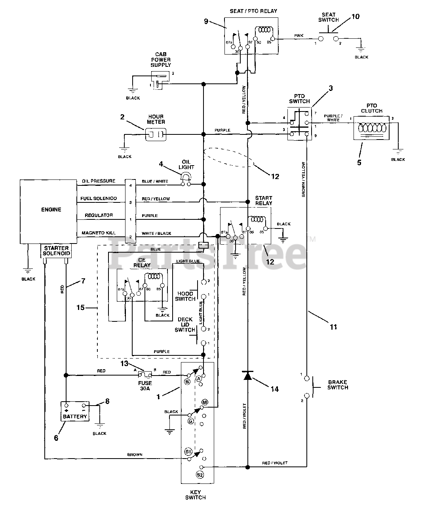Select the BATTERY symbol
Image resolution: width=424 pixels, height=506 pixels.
pyautogui.click(x=75, y=412)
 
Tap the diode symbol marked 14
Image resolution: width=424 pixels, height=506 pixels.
pyautogui.click(x=247, y=375)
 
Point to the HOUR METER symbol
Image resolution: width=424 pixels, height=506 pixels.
pyautogui.click(x=156, y=135)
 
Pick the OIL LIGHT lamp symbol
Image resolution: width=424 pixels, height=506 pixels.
pyautogui.click(x=186, y=180)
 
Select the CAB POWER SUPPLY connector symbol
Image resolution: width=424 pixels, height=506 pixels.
pyautogui.click(x=160, y=79)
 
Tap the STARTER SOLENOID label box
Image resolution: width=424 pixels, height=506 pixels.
pyautogui.click(x=57, y=251)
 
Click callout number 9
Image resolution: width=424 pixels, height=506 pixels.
pyautogui.click(x=206, y=21)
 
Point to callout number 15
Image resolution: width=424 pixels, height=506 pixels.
pyautogui.click(x=80, y=307)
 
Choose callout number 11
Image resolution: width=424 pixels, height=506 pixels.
pyautogui.click(x=333, y=327)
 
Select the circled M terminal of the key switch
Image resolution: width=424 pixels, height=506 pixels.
pyautogui.click(x=205, y=402)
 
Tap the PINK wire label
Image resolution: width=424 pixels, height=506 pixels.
pyautogui.click(x=299, y=36)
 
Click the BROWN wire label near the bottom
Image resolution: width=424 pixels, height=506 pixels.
pyautogui.click(x=135, y=455)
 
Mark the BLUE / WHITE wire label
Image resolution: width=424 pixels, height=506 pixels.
pyautogui.click(x=155, y=181)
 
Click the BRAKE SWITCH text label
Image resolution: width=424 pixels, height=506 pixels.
pyautogui.click(x=338, y=385)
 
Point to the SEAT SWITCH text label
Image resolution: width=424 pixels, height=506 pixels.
pyautogui.click(x=328, y=17)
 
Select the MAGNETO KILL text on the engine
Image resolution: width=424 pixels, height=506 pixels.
pyautogui.click(x=99, y=233)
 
